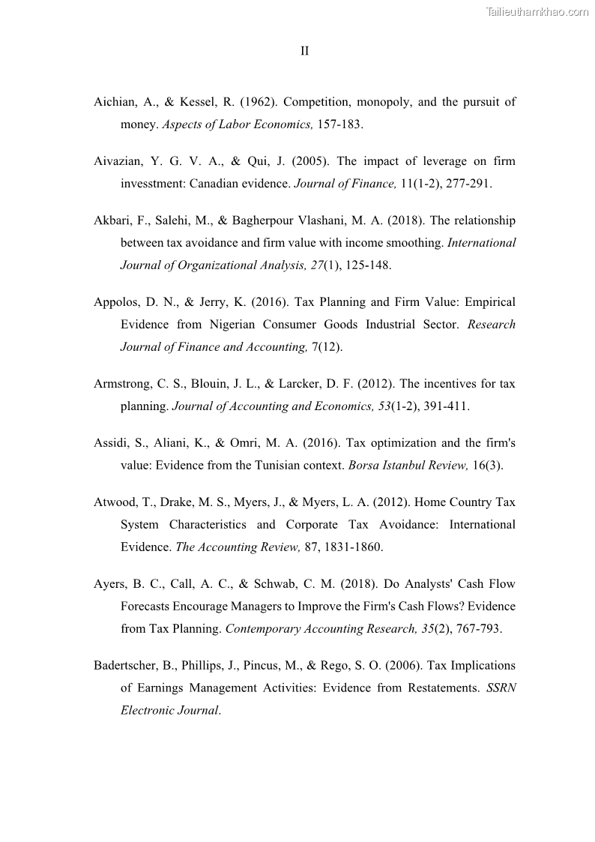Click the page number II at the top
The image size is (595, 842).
304,51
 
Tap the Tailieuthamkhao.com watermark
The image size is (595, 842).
537,11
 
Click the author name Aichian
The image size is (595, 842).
115,102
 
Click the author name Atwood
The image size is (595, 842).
114,502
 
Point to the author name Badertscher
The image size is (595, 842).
127,666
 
